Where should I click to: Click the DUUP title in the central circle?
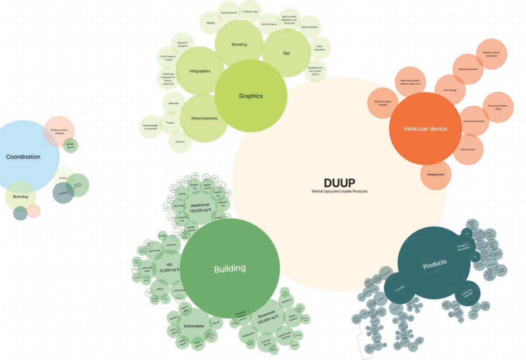point(339,182)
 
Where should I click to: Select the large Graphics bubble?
point(251,96)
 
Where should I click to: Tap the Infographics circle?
point(200,71)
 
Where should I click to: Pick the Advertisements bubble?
point(204,118)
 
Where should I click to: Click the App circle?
point(286,53)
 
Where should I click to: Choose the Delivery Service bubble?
point(309,27)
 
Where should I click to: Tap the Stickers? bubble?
point(180,142)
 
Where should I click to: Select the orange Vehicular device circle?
point(425,129)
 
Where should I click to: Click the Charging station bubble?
point(435,175)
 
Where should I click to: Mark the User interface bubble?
point(468,150)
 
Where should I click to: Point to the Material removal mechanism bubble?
point(491,54)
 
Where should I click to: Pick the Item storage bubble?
point(450,90)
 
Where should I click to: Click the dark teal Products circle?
point(435,262)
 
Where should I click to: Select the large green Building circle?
point(230,269)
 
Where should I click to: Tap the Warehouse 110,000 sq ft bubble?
point(200,207)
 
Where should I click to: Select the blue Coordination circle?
point(23,157)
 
